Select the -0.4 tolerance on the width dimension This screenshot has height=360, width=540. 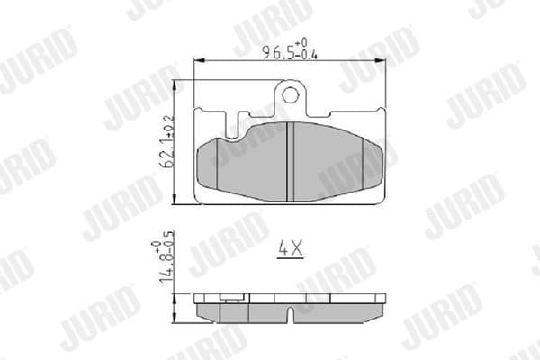(x=310, y=54)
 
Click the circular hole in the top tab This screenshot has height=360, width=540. (x=291, y=94)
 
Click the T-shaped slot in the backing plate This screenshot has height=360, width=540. (x=236, y=123)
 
